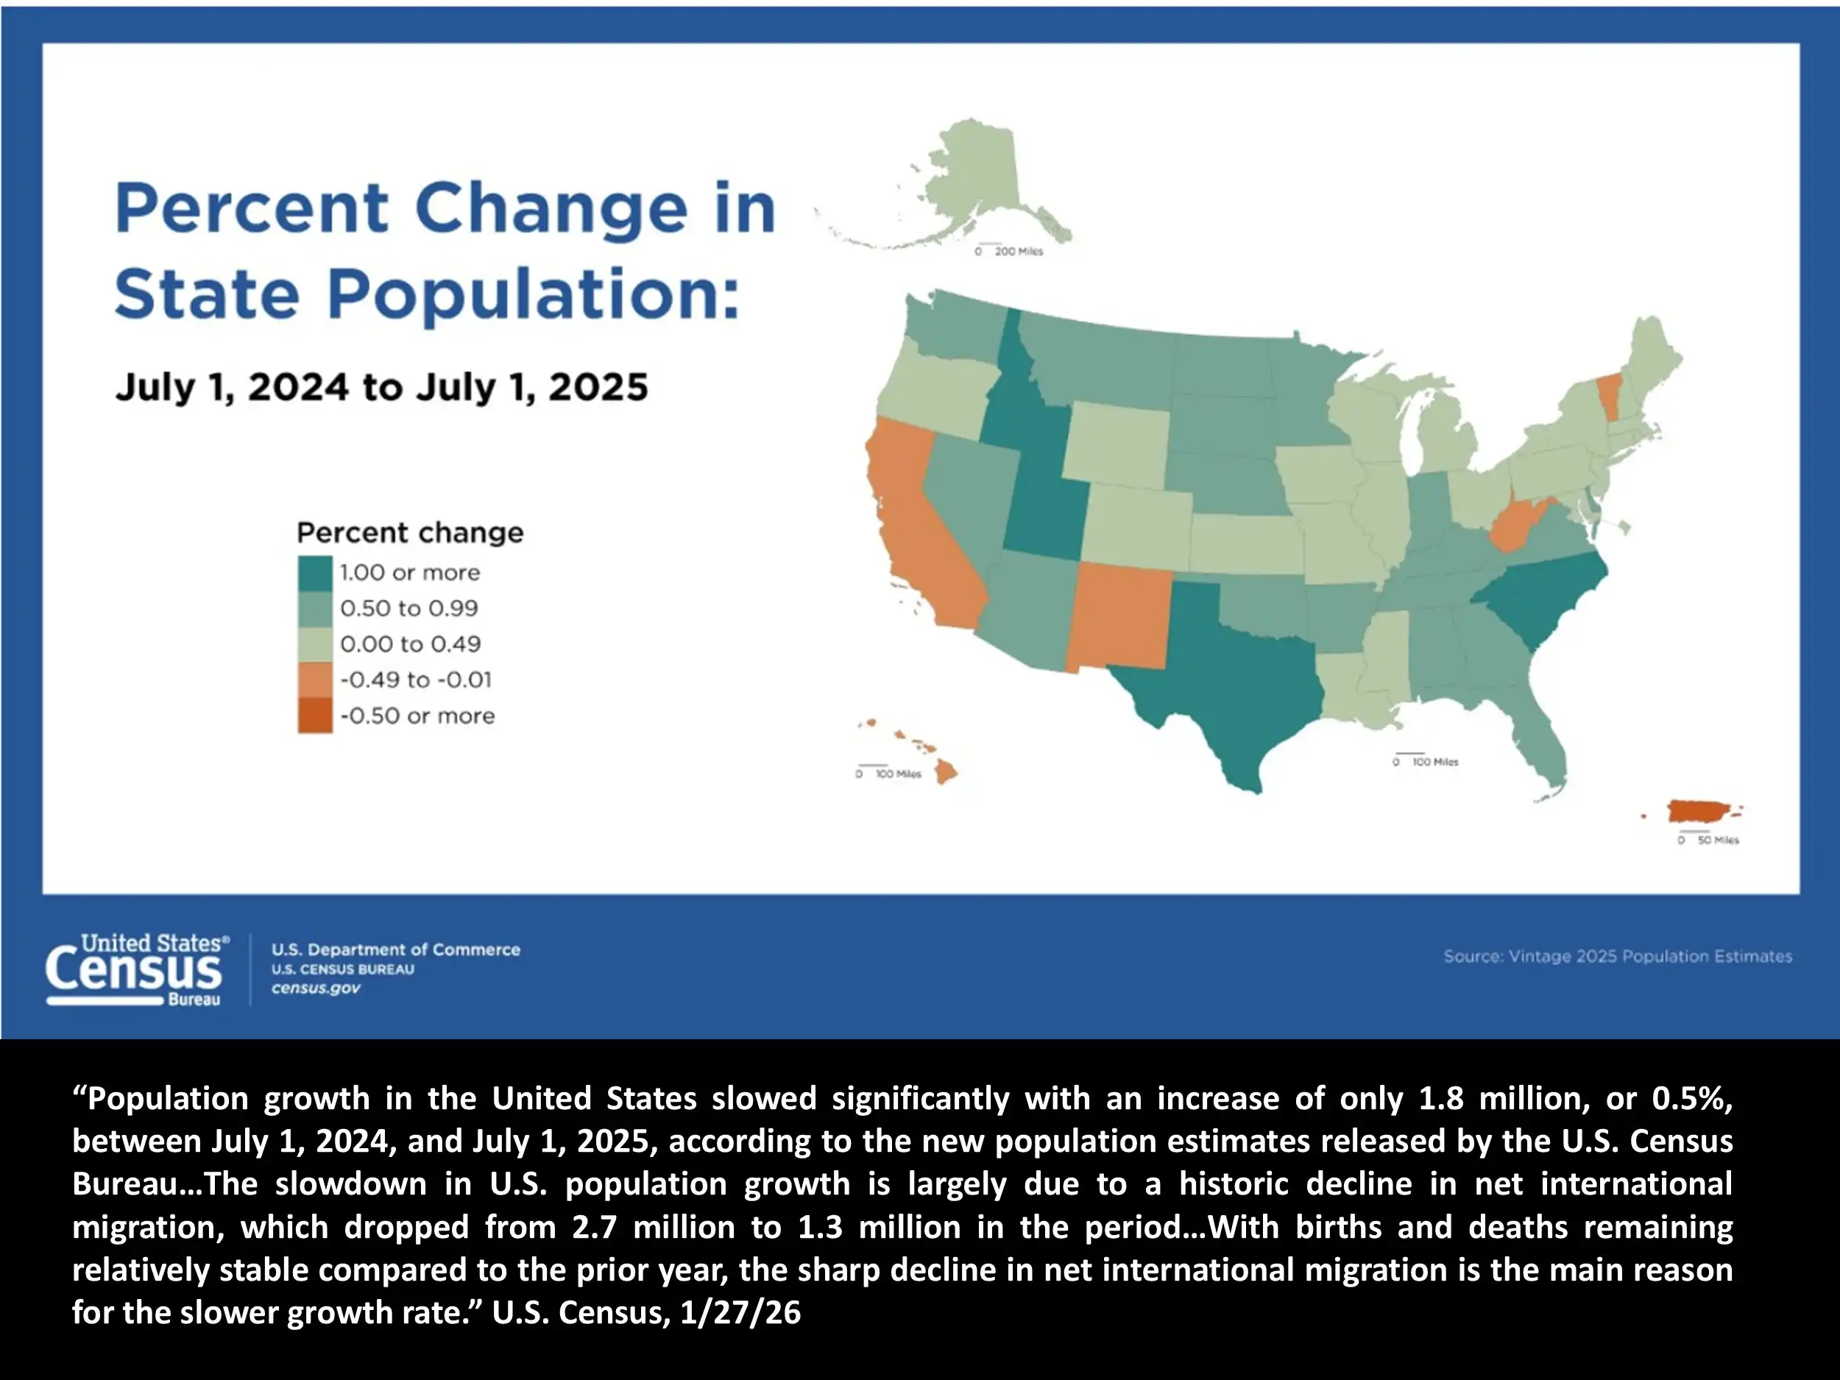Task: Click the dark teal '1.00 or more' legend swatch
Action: coord(315,573)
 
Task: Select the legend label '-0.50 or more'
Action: coord(417,715)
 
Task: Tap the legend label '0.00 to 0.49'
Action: coord(410,644)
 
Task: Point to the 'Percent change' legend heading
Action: coord(410,532)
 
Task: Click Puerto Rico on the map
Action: coord(1698,811)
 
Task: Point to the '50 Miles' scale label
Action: coord(1718,841)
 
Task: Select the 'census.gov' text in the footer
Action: coord(316,988)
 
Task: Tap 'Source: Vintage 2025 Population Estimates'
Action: coord(1617,957)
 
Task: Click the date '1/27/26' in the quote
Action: coord(740,1312)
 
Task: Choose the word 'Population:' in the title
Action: coord(532,295)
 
